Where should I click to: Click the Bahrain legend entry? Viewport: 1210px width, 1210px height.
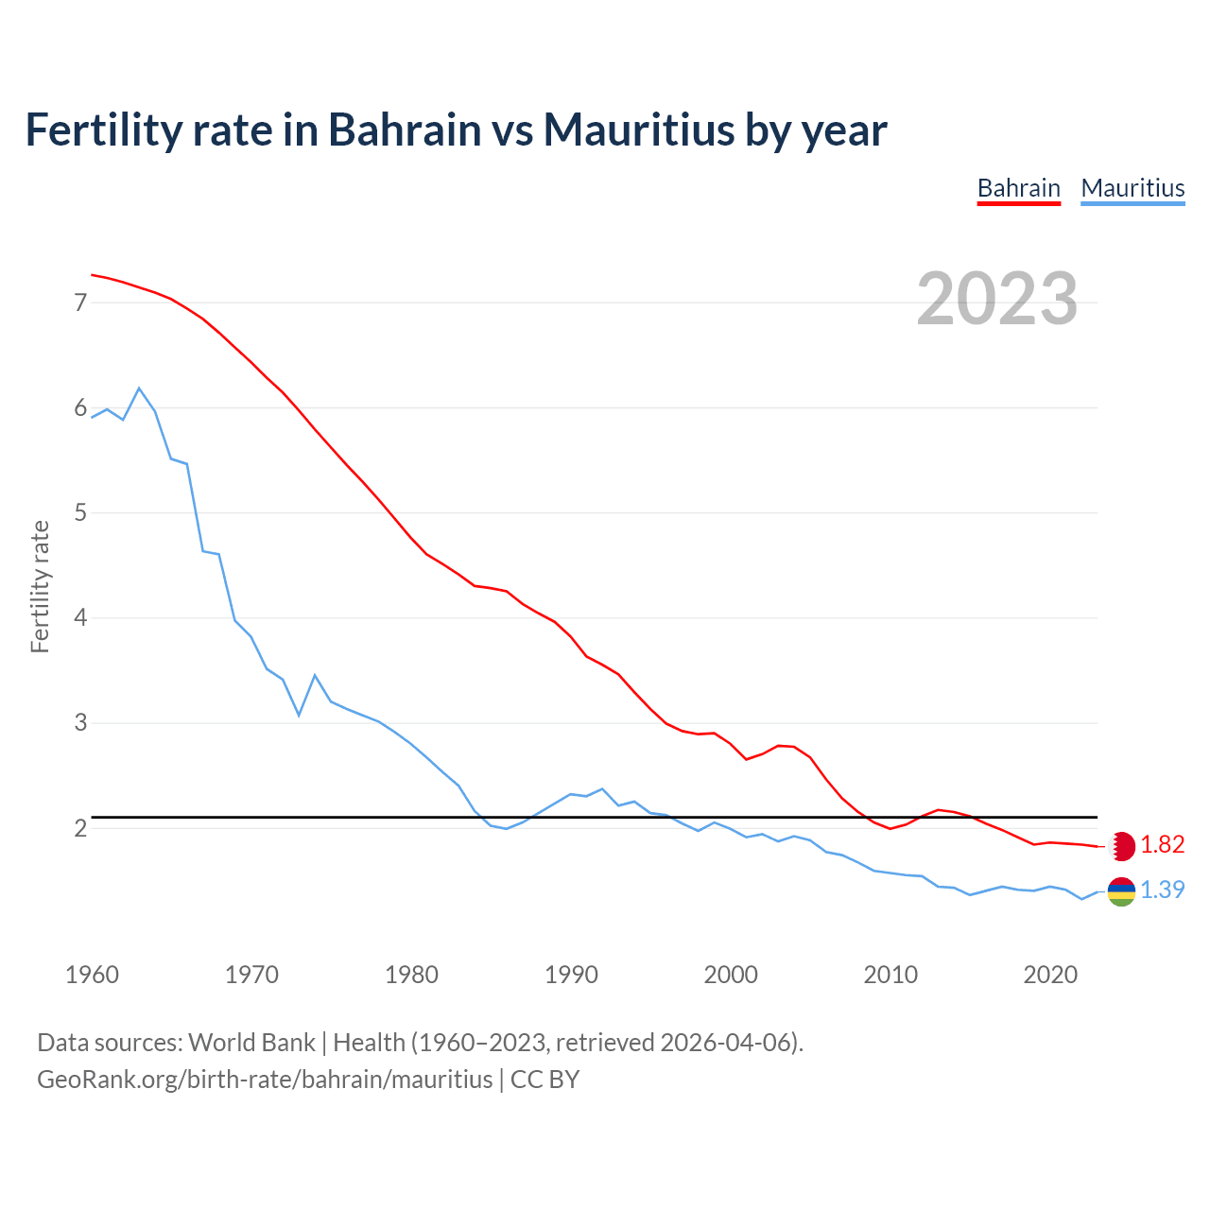click(1018, 188)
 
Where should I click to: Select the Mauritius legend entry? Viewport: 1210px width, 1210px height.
click(1132, 188)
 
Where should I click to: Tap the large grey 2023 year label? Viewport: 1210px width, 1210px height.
click(996, 299)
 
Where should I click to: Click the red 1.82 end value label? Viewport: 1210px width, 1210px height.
click(1162, 844)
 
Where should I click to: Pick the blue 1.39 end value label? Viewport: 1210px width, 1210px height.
click(1162, 890)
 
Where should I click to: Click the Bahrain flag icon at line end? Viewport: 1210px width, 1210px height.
click(1121, 846)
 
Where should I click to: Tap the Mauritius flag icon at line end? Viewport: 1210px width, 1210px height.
click(1121, 891)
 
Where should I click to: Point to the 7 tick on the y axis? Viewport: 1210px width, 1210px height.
click(80, 302)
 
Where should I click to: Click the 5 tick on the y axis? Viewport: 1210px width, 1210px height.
click(80, 513)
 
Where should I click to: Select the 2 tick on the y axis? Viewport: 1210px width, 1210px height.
click(80, 828)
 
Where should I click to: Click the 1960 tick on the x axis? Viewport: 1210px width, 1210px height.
click(92, 975)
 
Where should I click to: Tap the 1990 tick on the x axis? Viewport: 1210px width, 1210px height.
click(571, 975)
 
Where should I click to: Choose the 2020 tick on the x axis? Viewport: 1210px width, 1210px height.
click(1050, 975)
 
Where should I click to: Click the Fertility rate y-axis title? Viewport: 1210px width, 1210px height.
click(40, 586)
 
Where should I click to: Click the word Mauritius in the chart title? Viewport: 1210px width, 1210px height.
click(638, 130)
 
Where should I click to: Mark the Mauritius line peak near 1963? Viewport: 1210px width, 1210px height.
click(139, 389)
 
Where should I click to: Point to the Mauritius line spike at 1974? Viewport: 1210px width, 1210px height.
click(315, 675)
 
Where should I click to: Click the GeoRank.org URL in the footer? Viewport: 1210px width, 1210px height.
click(265, 1080)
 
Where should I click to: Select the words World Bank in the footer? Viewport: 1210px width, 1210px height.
click(251, 1043)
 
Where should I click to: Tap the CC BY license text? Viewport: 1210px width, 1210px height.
click(544, 1080)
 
